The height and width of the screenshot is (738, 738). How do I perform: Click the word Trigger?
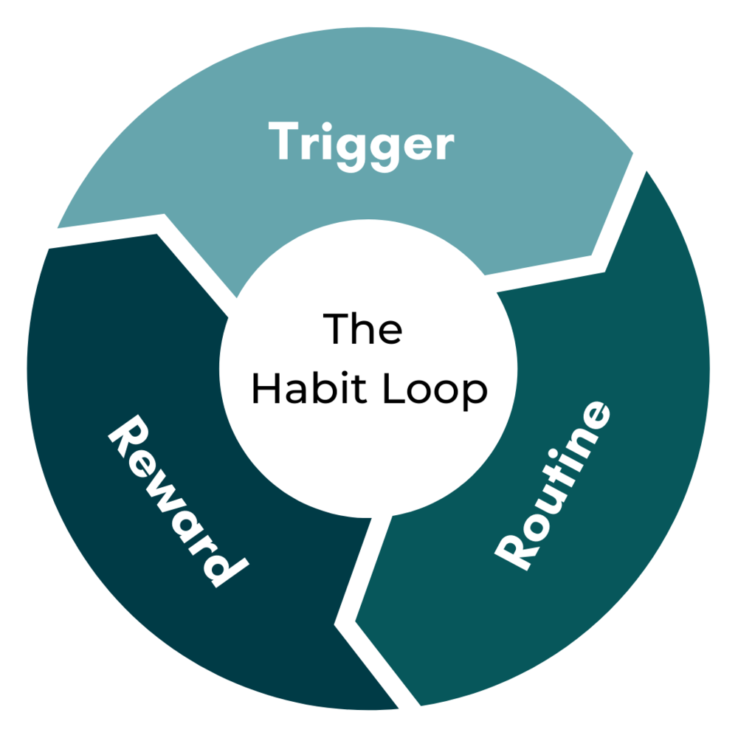361,143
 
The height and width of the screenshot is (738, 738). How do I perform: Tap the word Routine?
554,486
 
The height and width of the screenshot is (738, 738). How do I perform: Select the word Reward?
178,502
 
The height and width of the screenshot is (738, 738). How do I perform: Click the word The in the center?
364,328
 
